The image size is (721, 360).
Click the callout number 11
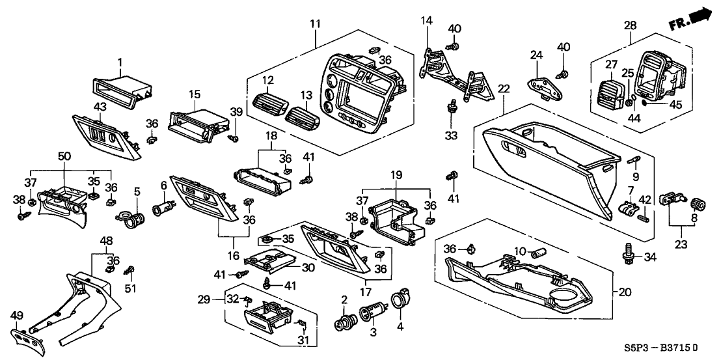(x=315, y=24)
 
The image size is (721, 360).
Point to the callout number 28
(x=630, y=25)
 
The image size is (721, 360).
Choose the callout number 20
(x=625, y=293)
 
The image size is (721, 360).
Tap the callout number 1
(x=120, y=62)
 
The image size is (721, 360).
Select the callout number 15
(x=193, y=95)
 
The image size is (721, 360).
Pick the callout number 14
(x=426, y=21)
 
